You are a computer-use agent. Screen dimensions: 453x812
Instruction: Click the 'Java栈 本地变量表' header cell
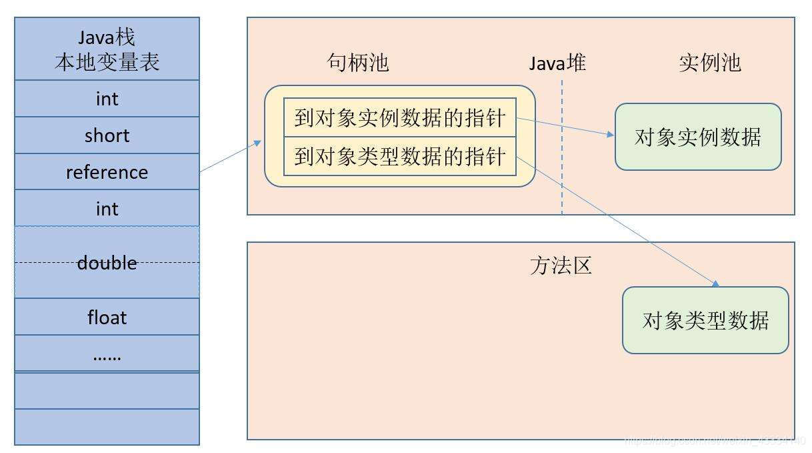click(x=107, y=49)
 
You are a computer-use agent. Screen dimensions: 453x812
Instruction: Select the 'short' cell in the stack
click(x=107, y=135)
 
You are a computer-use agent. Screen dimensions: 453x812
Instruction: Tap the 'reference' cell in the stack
click(x=107, y=172)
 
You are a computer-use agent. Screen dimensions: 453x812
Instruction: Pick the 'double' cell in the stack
click(x=107, y=263)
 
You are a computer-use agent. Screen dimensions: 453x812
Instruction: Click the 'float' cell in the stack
click(x=107, y=317)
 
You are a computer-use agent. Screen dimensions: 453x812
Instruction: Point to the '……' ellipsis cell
click(x=107, y=354)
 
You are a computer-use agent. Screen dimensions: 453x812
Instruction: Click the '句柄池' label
click(x=358, y=63)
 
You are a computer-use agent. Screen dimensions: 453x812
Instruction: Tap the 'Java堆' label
click(x=557, y=63)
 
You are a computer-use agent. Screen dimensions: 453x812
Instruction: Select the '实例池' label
click(x=710, y=63)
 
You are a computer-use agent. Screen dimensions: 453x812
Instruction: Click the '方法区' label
click(x=561, y=266)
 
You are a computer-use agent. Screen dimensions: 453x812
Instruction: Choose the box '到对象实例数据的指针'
click(x=400, y=118)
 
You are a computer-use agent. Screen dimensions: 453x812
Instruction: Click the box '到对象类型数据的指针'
click(x=400, y=157)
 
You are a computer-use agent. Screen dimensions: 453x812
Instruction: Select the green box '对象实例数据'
click(x=697, y=137)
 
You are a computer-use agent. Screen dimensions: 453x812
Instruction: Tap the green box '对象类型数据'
click(x=705, y=320)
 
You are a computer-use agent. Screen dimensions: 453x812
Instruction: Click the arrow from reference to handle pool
click(x=230, y=157)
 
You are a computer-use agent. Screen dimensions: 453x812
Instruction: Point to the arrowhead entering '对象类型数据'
click(x=715, y=284)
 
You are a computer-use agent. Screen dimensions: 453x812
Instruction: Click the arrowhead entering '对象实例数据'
click(x=610, y=134)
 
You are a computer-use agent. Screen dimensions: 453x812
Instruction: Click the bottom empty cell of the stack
click(x=107, y=427)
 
